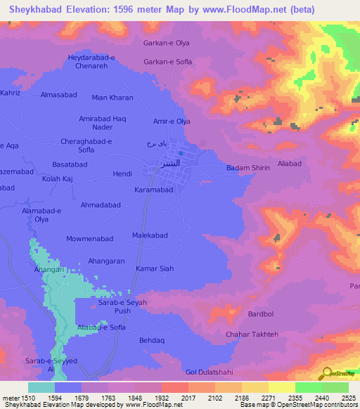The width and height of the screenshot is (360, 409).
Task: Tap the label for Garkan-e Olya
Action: pos(167,43)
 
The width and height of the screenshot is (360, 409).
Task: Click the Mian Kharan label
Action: pos(112,98)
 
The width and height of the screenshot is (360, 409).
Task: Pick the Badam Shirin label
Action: pos(249,168)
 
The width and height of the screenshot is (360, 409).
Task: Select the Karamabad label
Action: pos(153,190)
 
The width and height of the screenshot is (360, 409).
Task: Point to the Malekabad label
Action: pos(150,235)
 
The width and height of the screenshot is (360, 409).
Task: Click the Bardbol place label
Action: pos(261,313)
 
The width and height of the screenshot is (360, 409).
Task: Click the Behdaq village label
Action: pos(151,340)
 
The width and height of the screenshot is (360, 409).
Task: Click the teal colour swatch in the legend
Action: pos(41,387)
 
